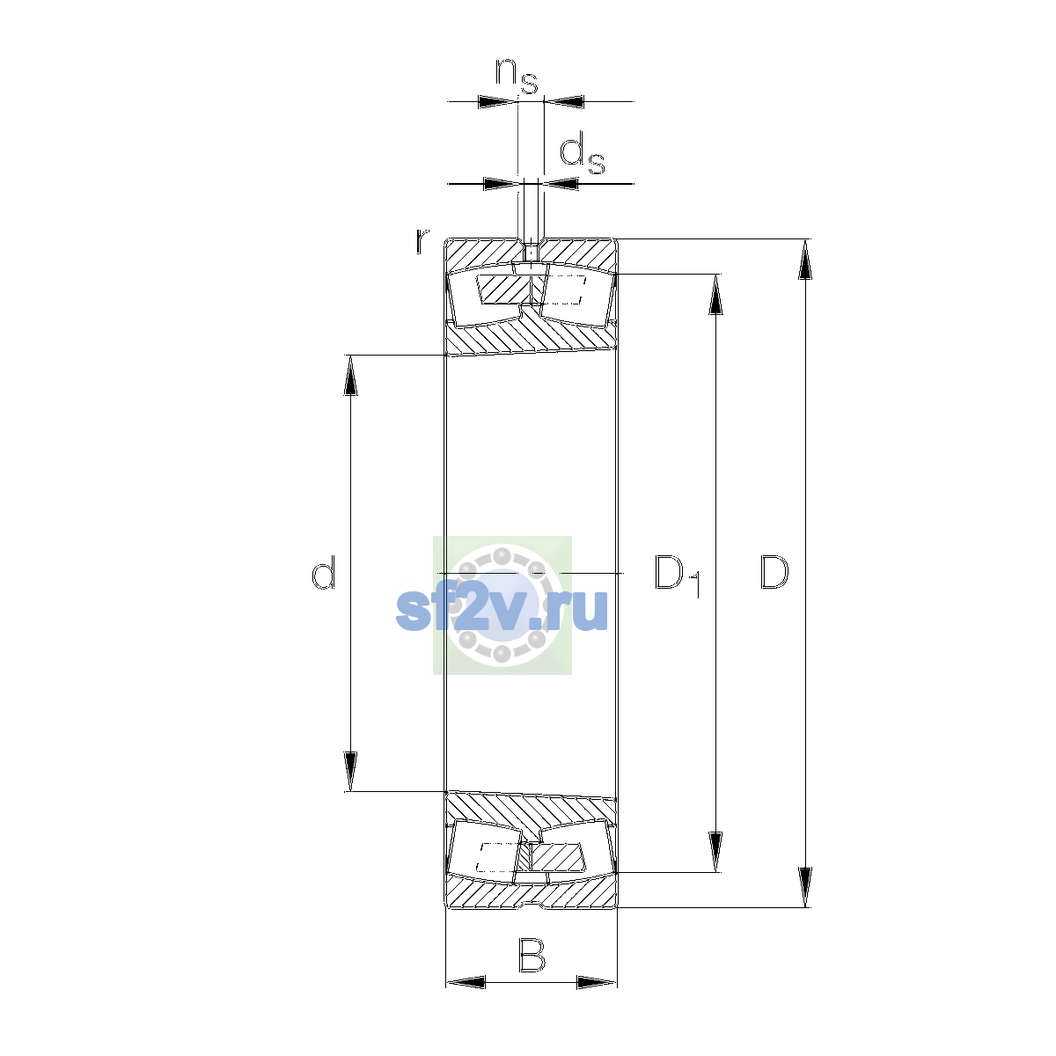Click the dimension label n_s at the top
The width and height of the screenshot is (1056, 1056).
pos(517,75)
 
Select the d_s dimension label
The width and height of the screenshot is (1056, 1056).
pos(582,156)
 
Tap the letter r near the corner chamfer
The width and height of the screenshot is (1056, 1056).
pos(422,241)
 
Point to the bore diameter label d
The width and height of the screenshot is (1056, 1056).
pos(323,572)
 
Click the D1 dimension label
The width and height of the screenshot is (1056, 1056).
pos(678,576)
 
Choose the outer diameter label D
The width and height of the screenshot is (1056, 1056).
pos(774,572)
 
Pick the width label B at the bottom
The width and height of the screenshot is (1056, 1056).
pos(532,955)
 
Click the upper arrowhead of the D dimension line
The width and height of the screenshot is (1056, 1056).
pos(805,260)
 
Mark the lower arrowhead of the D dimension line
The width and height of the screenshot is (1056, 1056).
pos(805,887)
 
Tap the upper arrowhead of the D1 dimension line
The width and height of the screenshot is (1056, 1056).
pos(715,294)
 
